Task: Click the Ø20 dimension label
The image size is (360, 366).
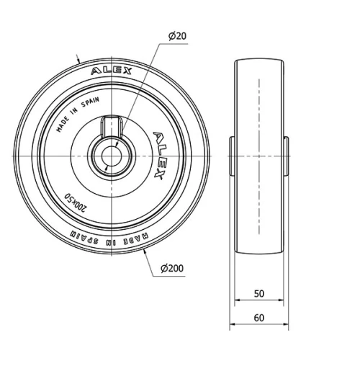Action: pyautogui.click(x=177, y=36)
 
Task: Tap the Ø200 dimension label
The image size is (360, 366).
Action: pyautogui.click(x=172, y=268)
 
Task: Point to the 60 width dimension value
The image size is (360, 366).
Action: pyautogui.click(x=258, y=317)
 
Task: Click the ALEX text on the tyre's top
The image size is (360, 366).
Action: pyautogui.click(x=111, y=71)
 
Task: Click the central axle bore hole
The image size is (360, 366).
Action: pyautogui.click(x=112, y=156)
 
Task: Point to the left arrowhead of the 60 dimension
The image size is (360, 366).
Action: pyautogui.click(x=232, y=326)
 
